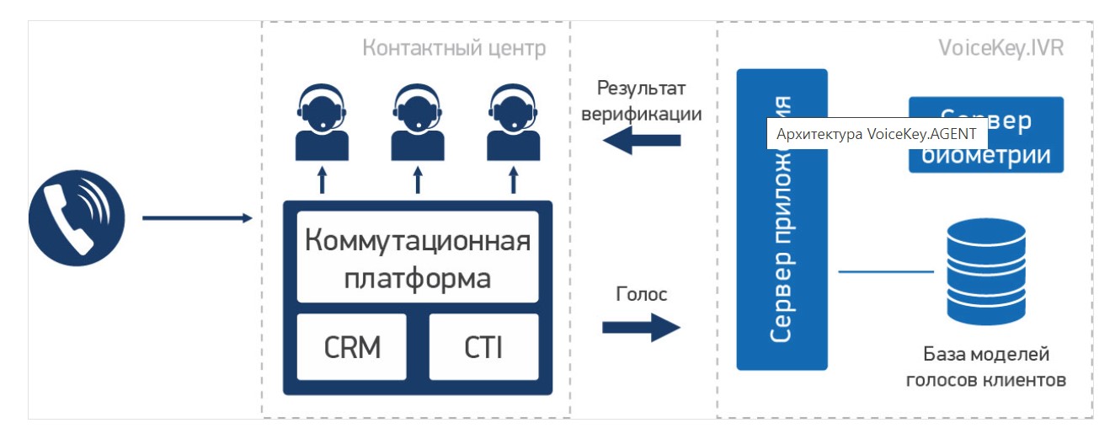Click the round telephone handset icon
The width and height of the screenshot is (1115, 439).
click(77, 218)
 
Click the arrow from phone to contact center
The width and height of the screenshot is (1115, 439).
click(197, 218)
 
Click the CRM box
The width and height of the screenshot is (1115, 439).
click(352, 346)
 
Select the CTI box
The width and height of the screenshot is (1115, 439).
click(483, 346)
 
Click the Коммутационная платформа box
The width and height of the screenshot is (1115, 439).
click(418, 256)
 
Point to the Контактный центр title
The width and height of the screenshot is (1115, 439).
click(454, 48)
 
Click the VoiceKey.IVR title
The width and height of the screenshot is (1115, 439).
click(1000, 48)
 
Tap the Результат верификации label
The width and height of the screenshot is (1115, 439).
click(642, 101)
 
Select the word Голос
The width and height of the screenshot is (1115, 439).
click(642, 294)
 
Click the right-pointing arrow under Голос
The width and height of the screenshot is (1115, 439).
click(641, 327)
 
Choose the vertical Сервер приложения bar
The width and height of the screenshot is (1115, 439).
click(782, 253)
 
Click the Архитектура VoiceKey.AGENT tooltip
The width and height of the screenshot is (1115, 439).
click(876, 134)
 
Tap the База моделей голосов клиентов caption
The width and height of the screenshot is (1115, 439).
click(986, 367)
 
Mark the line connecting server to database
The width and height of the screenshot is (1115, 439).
click(886, 271)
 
